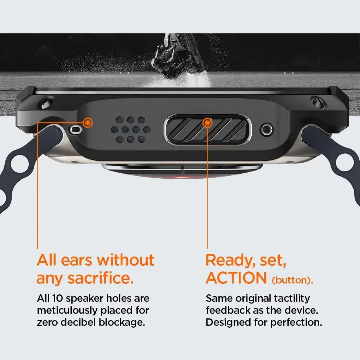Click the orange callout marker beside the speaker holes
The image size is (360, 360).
click(88, 123)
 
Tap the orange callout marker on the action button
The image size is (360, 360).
click(207, 123)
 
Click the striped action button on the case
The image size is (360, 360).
click(207, 130)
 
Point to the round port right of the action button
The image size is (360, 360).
click(266, 129)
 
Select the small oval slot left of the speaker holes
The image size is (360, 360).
click(76, 130)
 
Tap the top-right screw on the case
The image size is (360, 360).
click(318, 102)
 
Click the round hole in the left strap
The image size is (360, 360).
click(20, 164)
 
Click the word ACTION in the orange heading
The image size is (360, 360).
click(236, 278)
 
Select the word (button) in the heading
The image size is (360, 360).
click(292, 280)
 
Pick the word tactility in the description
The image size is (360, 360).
click(292, 298)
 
